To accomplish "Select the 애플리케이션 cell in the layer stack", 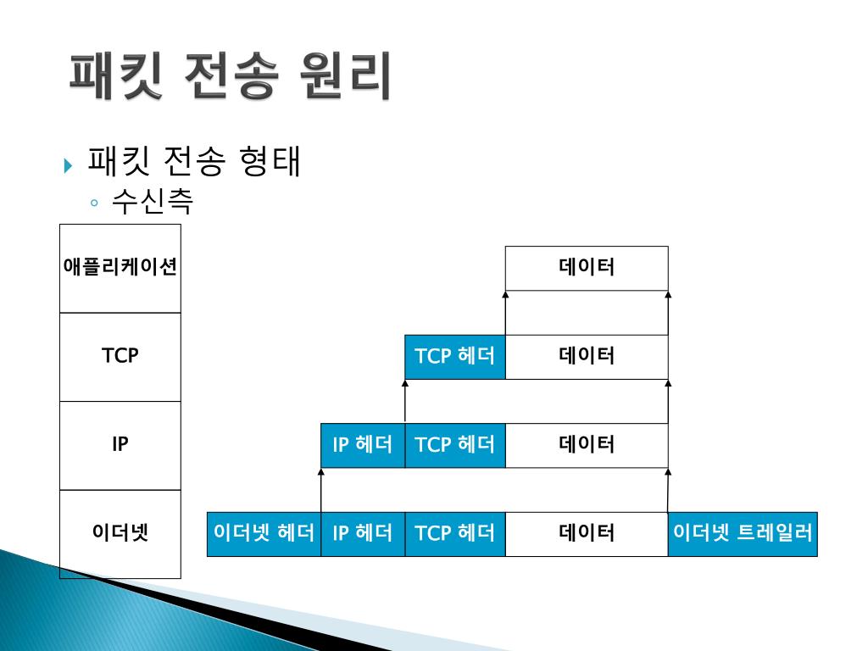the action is click(120, 268).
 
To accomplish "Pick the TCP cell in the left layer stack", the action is click(120, 356).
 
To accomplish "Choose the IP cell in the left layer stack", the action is click(120, 444).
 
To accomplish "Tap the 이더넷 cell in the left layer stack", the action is click(120, 533).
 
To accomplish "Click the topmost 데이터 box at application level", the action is click(587, 268).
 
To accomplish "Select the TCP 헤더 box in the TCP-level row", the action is click(454, 356).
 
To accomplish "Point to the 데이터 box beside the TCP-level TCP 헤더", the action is click(587, 356).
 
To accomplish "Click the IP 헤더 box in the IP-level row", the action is click(363, 444).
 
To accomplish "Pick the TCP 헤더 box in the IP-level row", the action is click(454, 444).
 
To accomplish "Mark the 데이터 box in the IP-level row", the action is click(587, 444).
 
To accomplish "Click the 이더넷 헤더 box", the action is click(264, 533).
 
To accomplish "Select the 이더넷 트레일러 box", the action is click(743, 533).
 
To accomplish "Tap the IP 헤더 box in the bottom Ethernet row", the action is click(363, 533).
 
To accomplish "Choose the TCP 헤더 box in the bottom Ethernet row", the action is click(454, 533).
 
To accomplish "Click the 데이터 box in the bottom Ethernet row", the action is click(587, 533).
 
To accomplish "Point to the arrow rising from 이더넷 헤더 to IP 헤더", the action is click(321, 490).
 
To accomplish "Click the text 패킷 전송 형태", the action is click(194, 163).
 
